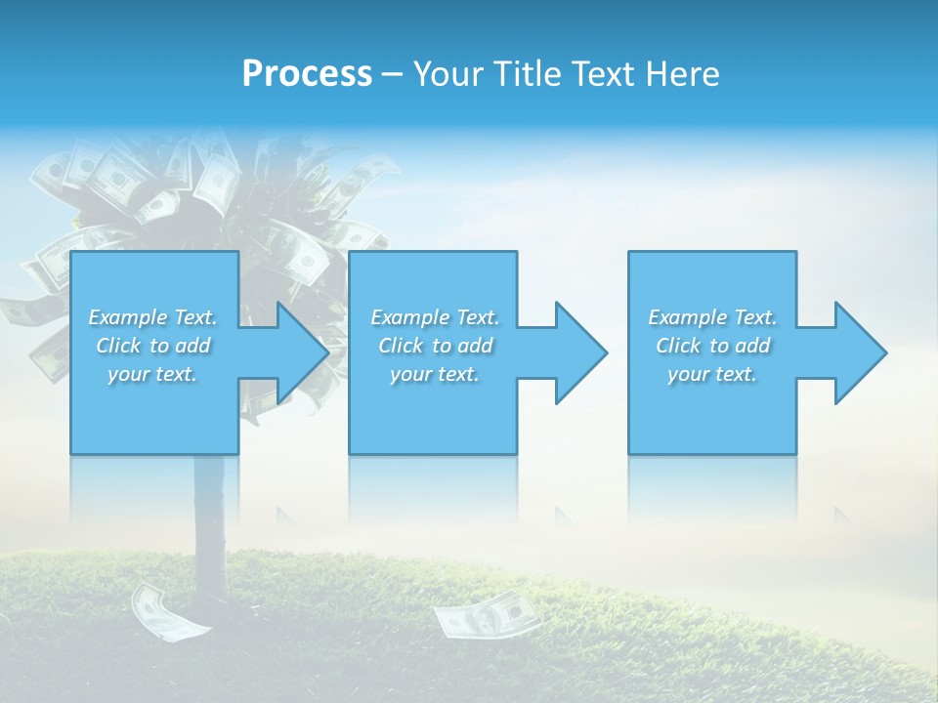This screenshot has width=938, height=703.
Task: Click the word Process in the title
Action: [x=307, y=74]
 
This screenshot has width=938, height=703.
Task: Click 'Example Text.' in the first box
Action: [x=153, y=317]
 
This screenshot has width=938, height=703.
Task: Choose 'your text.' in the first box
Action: [x=153, y=374]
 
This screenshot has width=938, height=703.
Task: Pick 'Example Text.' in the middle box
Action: [x=435, y=317]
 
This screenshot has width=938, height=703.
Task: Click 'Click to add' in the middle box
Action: [x=435, y=346]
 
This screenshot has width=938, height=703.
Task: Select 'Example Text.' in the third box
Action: [x=712, y=317]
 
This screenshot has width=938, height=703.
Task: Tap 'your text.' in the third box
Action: [x=712, y=374]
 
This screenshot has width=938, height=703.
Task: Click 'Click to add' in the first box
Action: [x=153, y=346]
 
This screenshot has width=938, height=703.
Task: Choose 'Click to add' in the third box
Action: [x=712, y=346]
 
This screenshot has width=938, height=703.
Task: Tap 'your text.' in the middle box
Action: [x=435, y=374]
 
